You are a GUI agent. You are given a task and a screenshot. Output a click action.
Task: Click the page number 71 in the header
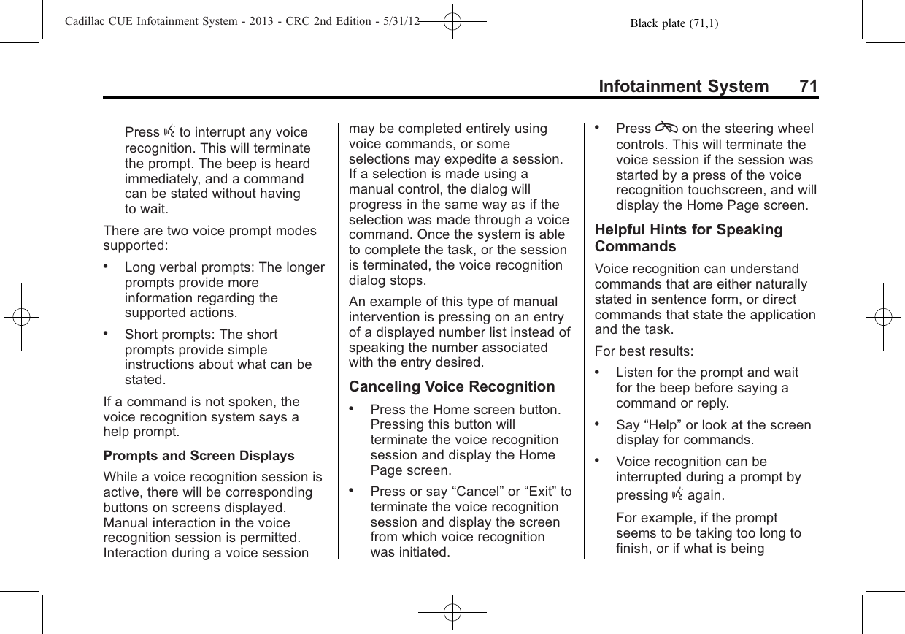click(808, 87)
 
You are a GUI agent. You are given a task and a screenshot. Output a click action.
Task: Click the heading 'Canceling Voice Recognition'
click(452, 386)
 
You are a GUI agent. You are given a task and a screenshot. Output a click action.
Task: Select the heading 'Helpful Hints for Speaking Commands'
click(689, 238)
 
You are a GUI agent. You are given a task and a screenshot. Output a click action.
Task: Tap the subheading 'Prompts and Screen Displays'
click(199, 456)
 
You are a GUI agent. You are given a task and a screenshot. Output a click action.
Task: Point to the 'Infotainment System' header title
click(683, 87)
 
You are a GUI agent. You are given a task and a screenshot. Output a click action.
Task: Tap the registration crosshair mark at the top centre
click(452, 23)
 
